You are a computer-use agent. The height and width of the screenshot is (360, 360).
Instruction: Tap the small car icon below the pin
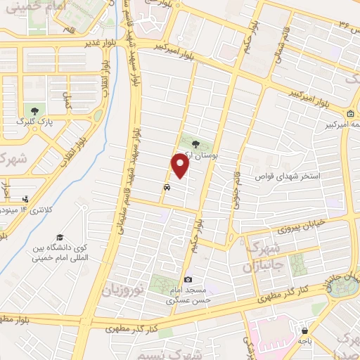point(166,188)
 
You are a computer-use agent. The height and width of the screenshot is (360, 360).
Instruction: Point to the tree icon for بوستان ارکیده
point(195,142)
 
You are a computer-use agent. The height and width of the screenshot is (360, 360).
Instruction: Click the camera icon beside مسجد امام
point(188,281)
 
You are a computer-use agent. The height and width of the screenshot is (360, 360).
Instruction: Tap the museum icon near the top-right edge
point(350,114)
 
